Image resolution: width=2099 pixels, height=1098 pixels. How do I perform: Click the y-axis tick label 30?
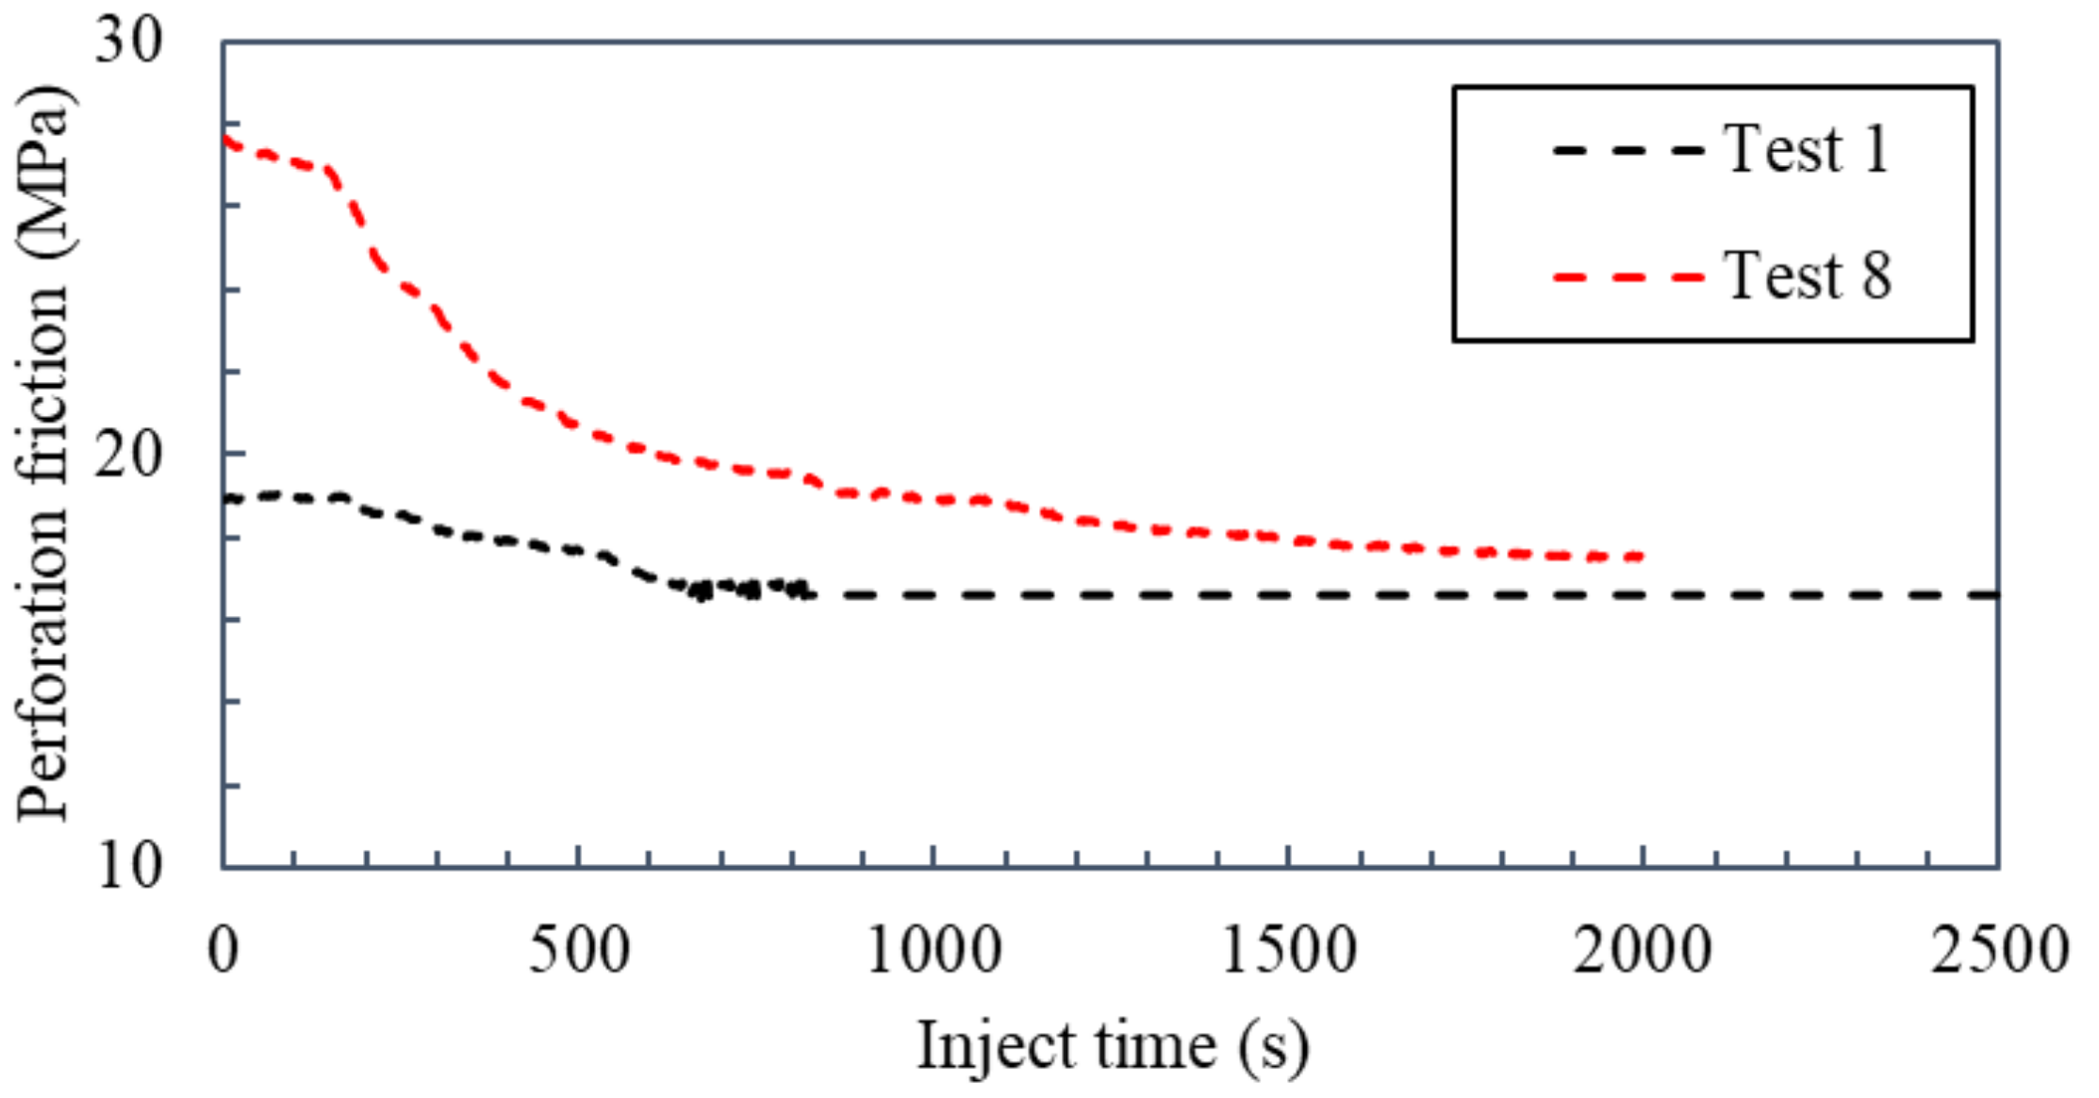[x=129, y=42]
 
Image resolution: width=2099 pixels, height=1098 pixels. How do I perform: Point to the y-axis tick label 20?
[x=129, y=457]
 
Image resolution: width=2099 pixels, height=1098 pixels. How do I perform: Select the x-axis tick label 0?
[x=223, y=950]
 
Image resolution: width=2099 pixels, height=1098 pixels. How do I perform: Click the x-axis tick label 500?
[x=578, y=950]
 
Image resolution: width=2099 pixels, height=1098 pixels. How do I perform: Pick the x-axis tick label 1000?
[x=933, y=950]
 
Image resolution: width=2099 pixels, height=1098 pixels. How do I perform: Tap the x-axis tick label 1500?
[x=1288, y=950]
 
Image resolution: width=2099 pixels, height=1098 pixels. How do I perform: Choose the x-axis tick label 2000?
[x=1642, y=950]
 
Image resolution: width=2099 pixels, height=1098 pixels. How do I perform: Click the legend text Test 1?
[x=1807, y=149]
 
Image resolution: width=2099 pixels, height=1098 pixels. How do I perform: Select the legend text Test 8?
[x=1807, y=275]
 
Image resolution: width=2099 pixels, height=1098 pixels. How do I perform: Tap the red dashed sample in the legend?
[x=1628, y=277]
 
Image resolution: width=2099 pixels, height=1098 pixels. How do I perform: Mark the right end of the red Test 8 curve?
[x=1642, y=557]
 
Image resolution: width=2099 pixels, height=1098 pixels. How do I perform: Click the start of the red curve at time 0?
[x=225, y=141]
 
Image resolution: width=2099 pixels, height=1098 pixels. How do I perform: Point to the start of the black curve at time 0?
[x=225, y=498]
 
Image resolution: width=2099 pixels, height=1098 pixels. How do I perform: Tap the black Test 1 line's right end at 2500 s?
[x=1995, y=595]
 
